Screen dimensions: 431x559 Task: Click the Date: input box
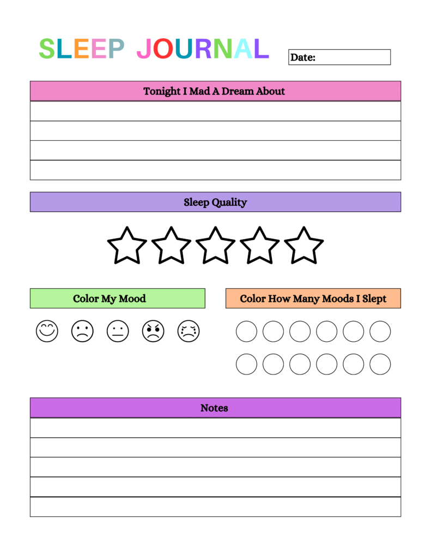pos(339,57)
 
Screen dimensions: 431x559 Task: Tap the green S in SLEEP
pos(47,49)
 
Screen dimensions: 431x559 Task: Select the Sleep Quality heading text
pos(215,203)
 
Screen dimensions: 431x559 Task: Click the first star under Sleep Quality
pos(127,246)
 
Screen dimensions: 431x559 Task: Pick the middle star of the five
pos(215,246)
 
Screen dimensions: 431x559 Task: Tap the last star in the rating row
pos(303,246)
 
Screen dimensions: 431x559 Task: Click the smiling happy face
pos(47,331)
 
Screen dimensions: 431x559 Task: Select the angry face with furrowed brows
pos(153,331)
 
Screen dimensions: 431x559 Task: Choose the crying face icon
pos(189,331)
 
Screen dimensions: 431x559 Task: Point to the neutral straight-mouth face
pos(118,331)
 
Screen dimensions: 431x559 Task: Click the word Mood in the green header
pos(132,299)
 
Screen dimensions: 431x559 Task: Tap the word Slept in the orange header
pos(374,299)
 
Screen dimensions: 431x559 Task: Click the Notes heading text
pos(214,408)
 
